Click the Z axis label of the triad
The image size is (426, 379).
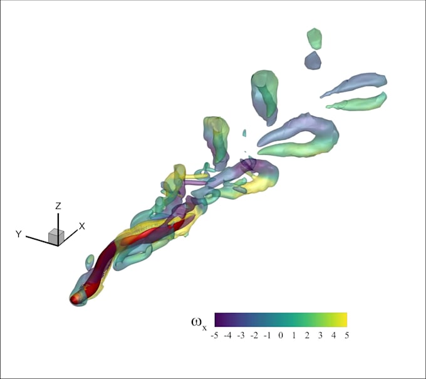tap(58, 206)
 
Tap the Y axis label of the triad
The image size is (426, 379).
tap(19, 234)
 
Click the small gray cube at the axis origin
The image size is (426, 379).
tap(56, 236)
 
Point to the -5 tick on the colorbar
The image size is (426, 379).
tap(215, 336)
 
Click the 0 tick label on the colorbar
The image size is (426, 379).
tap(281, 336)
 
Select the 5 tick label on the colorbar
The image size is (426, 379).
tap(346, 336)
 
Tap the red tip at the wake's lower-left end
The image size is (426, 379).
tap(76, 298)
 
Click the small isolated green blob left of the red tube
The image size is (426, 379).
tap(90, 260)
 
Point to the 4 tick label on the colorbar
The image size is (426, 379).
tap(334, 336)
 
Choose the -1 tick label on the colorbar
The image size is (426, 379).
tap(268, 336)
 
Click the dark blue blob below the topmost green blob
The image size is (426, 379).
tap(313, 60)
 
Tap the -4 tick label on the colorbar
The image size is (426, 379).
tap(228, 336)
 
